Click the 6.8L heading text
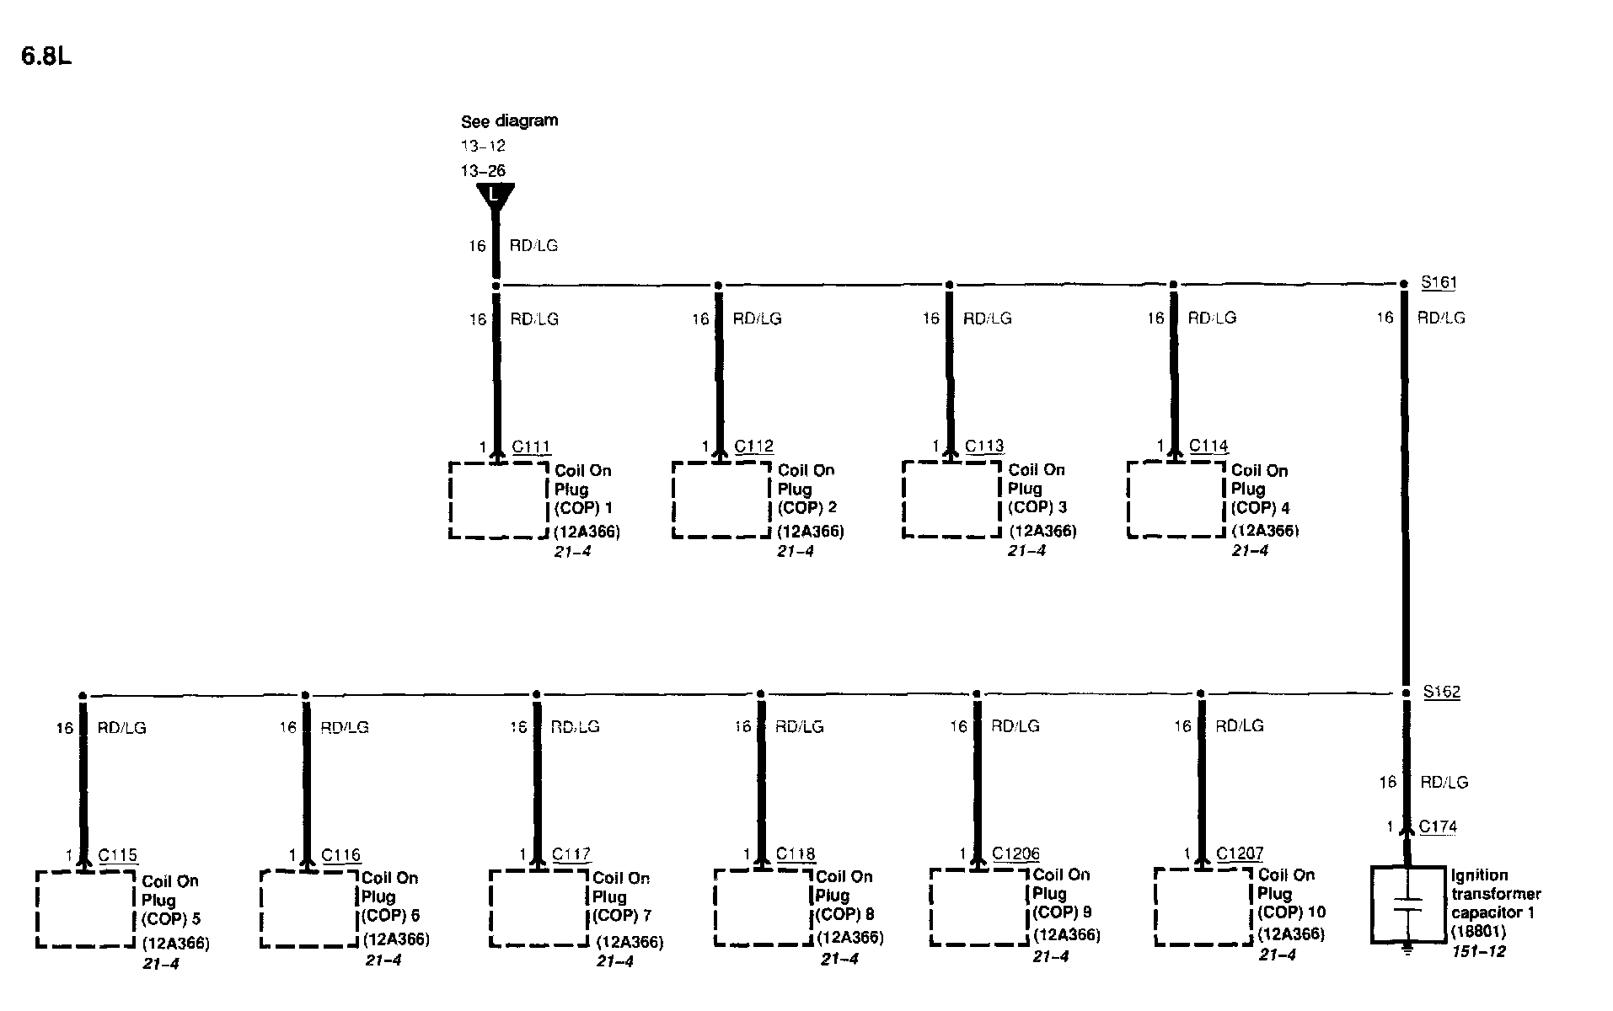tap(46, 56)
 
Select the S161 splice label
tap(1439, 282)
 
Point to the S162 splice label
tap(1441, 692)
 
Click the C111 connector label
tap(531, 447)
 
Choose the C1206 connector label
tap(1015, 853)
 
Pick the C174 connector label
tap(1438, 826)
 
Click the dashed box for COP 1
tap(498, 500)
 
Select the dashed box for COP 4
tap(1176, 499)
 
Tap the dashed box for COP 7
tap(539, 908)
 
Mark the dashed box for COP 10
tap(1203, 907)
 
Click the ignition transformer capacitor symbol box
tap(1407, 903)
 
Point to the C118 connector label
tap(796, 854)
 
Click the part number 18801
tap(1478, 932)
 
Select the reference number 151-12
tap(1478, 951)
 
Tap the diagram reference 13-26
tap(483, 171)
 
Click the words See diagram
tap(509, 120)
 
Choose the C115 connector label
tap(118, 855)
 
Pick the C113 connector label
tap(984, 447)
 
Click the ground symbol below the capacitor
tap(1407, 950)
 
